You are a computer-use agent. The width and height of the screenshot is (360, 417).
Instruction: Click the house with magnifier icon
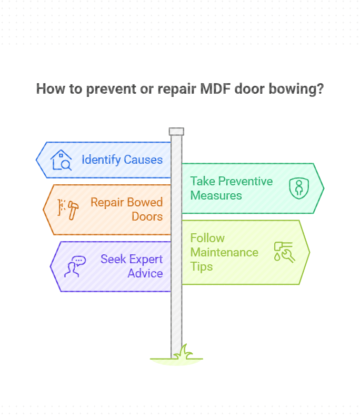click(x=61, y=160)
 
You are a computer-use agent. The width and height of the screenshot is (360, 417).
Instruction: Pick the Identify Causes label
click(x=122, y=160)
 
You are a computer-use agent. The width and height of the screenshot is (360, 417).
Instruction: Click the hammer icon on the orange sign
click(x=71, y=209)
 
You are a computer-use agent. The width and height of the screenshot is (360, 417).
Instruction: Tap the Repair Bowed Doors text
click(x=126, y=209)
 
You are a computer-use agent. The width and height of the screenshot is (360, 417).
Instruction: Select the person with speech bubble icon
click(x=74, y=266)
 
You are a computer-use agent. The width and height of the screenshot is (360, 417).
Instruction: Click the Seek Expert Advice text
click(x=132, y=266)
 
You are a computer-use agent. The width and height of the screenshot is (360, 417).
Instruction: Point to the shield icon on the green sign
click(x=298, y=188)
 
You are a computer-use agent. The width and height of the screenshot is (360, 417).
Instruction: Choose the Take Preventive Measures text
click(x=232, y=188)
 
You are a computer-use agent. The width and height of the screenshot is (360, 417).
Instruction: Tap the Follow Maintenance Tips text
click(x=224, y=252)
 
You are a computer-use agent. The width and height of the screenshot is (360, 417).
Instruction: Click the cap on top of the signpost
click(x=176, y=131)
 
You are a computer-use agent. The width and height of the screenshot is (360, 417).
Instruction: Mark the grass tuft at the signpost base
click(x=184, y=352)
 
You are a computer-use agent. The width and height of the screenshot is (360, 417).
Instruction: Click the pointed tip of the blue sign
click(x=37, y=160)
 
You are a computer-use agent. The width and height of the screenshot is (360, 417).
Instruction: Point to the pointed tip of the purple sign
click(x=51, y=266)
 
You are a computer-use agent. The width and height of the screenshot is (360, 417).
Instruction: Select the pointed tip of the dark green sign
click(x=323, y=188)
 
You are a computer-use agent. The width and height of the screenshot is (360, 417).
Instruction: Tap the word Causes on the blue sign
click(x=143, y=160)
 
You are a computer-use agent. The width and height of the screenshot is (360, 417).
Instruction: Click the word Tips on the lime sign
click(x=202, y=266)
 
